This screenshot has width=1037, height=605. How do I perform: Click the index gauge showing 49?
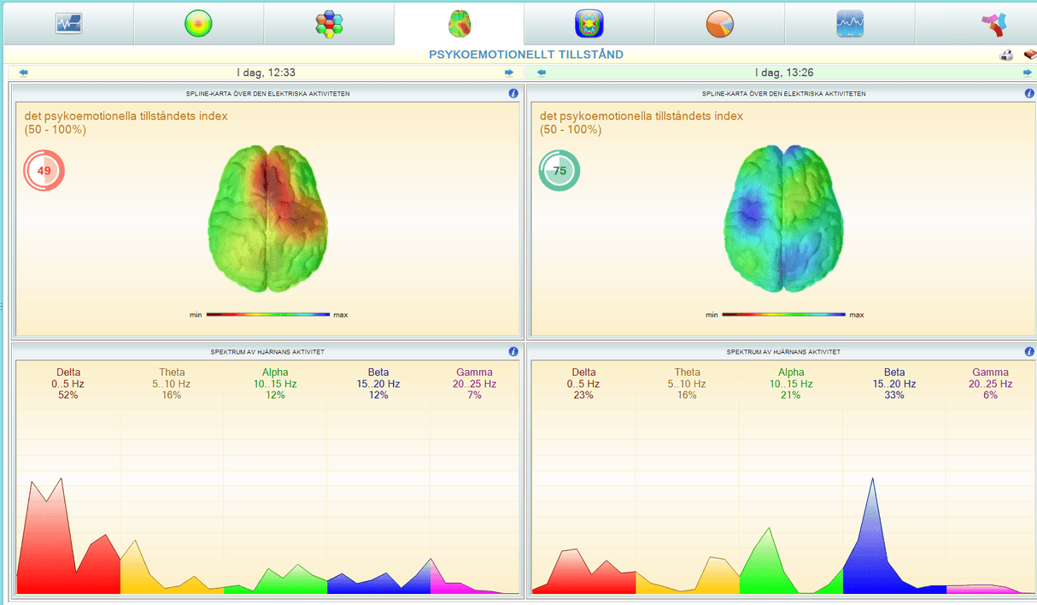coord(44,171)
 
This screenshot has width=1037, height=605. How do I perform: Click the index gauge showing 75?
coord(560,171)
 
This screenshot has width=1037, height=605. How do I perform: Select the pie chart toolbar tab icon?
coord(720,24)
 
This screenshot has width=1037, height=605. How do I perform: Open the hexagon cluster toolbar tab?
coord(329,24)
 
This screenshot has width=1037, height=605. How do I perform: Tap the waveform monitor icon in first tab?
coord(68,24)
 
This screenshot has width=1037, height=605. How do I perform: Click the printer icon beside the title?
coord(1006,55)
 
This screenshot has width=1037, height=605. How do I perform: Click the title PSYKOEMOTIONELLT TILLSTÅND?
coord(525,55)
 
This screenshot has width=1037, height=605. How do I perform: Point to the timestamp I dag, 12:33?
coord(266,73)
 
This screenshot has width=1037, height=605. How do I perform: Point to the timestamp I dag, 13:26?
coord(784,73)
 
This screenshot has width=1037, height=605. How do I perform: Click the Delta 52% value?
coord(68,396)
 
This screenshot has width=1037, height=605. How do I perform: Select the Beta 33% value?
coord(894,396)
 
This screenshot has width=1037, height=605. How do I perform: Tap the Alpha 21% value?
coord(791,396)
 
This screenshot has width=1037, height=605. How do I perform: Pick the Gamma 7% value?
coord(474,396)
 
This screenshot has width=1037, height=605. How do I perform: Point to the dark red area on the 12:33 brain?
coord(278,184)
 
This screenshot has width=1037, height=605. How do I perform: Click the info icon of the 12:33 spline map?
coord(513,93)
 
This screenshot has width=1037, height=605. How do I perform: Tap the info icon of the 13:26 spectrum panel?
coord(1028,351)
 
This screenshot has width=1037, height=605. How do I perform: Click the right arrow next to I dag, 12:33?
coord(509,73)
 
